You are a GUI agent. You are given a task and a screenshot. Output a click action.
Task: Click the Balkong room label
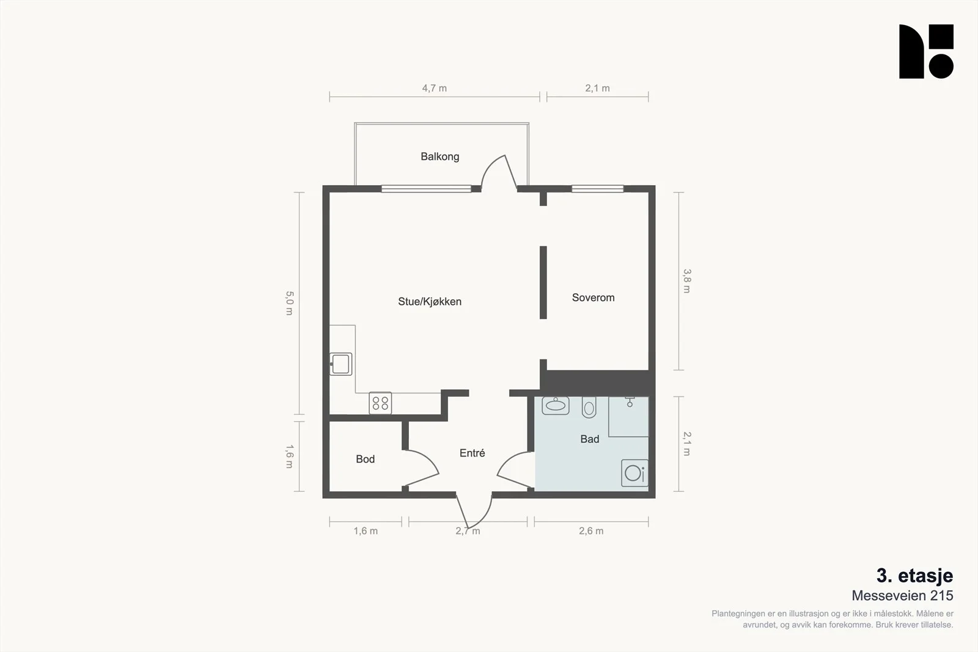[x=439, y=156]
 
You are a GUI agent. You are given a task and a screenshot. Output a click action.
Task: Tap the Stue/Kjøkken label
[x=430, y=302]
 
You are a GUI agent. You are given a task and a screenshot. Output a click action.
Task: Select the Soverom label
[x=593, y=298]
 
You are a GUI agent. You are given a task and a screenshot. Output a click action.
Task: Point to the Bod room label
[x=365, y=459]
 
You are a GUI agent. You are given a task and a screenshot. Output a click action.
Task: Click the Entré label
[x=472, y=453]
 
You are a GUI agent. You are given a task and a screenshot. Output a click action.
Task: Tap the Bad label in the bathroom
[x=589, y=439]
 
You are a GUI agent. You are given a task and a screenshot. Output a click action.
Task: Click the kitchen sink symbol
[x=340, y=364]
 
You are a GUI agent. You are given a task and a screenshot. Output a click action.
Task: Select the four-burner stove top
[x=380, y=403]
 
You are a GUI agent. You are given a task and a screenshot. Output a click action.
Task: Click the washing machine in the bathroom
[x=635, y=472]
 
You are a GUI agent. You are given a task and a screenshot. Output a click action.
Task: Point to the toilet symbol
[x=589, y=407]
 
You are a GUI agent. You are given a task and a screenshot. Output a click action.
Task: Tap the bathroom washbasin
[x=556, y=405]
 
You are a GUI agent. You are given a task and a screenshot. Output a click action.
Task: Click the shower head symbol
[x=630, y=402]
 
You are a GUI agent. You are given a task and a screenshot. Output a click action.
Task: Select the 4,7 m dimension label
[x=434, y=88]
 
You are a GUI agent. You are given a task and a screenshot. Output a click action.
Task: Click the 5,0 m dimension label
[x=289, y=303]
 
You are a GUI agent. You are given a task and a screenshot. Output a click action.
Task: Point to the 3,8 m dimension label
[x=687, y=281]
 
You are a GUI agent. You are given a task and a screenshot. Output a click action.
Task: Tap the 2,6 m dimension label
[x=591, y=531]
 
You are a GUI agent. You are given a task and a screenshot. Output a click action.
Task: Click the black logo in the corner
[x=926, y=51]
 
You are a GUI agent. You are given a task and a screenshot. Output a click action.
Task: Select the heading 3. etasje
[x=914, y=576]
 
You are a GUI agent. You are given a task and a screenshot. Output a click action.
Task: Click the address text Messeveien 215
[x=902, y=596]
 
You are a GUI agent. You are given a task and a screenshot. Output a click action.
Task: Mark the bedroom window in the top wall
[x=598, y=189]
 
